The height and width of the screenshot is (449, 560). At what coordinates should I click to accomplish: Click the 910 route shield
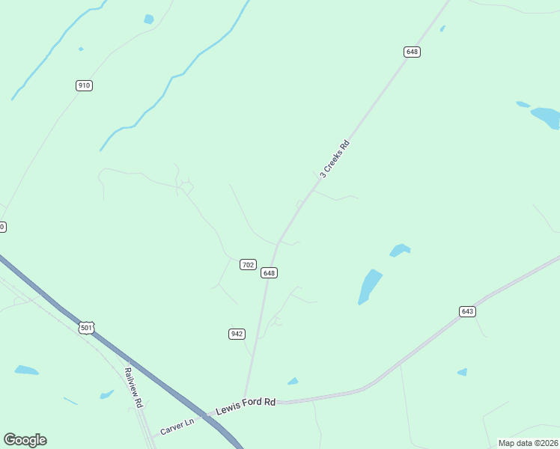pyautogui.click(x=84, y=85)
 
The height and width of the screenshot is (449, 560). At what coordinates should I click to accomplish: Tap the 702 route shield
pyautogui.click(x=249, y=265)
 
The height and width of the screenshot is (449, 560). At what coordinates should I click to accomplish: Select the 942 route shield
pyautogui.click(x=237, y=334)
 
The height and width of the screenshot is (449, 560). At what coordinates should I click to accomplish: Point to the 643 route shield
pyautogui.click(x=468, y=311)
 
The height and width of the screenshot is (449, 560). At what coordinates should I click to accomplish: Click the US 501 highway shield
pyautogui.click(x=87, y=328)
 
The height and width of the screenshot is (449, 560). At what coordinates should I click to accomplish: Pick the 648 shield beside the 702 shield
pyautogui.click(x=270, y=273)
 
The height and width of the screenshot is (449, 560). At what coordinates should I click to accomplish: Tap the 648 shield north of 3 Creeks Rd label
pyautogui.click(x=412, y=52)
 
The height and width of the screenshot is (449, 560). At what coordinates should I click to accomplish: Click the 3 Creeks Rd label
pyautogui.click(x=335, y=159)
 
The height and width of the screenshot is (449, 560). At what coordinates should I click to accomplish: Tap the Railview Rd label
pyautogui.click(x=133, y=386)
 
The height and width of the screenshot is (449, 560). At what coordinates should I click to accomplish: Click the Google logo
pyautogui.click(x=25, y=440)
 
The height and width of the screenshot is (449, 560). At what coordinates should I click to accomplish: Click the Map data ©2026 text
pyautogui.click(x=528, y=443)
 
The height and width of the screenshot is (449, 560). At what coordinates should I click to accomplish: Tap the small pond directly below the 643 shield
pyautogui.click(x=463, y=372)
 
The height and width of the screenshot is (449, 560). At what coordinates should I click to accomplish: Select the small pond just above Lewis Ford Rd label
pyautogui.click(x=293, y=382)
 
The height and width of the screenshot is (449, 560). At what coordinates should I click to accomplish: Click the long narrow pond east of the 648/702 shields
pyautogui.click(x=369, y=287)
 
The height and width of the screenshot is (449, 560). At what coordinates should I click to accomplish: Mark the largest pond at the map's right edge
pyautogui.click(x=546, y=117)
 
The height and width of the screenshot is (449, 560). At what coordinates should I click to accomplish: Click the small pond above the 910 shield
pyautogui.click(x=148, y=19)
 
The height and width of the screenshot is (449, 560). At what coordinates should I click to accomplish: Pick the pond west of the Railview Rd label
pyautogui.click(x=26, y=370)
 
